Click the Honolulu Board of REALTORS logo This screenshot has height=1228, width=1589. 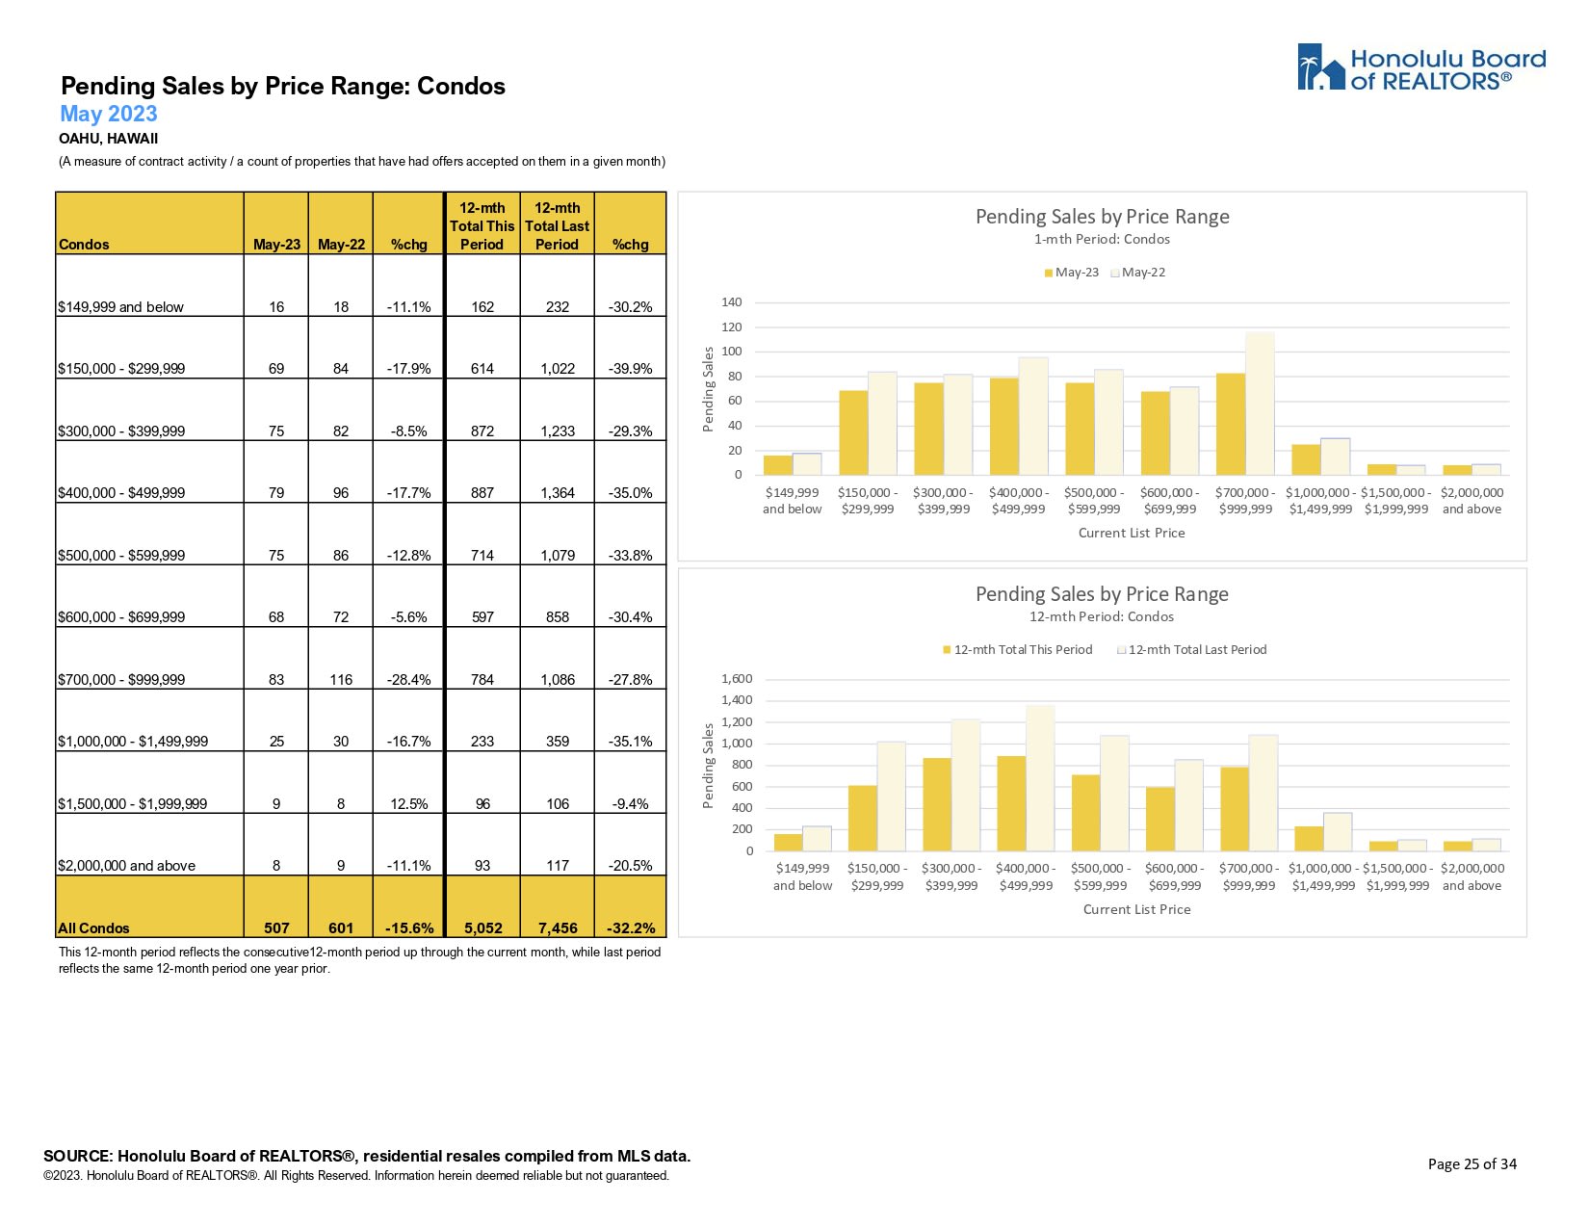coord(1420,68)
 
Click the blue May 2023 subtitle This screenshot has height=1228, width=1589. coord(108,114)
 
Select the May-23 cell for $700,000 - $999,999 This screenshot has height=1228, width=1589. coord(276,679)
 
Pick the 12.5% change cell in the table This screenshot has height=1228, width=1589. coord(408,803)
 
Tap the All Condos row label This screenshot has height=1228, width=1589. coord(93,928)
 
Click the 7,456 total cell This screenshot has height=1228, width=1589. coord(558,928)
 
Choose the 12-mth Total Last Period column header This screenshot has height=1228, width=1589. coord(558,226)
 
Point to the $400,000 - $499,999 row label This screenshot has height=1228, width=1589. coord(121,492)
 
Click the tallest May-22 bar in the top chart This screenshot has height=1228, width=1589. coord(1260,404)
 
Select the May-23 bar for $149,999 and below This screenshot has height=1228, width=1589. coord(777,464)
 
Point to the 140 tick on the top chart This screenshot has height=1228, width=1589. coord(732,302)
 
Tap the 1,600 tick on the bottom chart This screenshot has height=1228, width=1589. coord(737,679)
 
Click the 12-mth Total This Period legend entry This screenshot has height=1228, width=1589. coord(1018,650)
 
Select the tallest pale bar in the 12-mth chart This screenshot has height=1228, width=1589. coord(1040,778)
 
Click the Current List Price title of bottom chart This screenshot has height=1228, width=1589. coord(1136,909)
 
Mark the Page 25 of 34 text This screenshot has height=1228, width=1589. coord(1472,1163)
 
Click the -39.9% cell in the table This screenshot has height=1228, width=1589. coord(630,368)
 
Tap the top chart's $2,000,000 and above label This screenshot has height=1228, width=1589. coord(1472,501)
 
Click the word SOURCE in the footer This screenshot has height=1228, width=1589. coord(78,1156)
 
